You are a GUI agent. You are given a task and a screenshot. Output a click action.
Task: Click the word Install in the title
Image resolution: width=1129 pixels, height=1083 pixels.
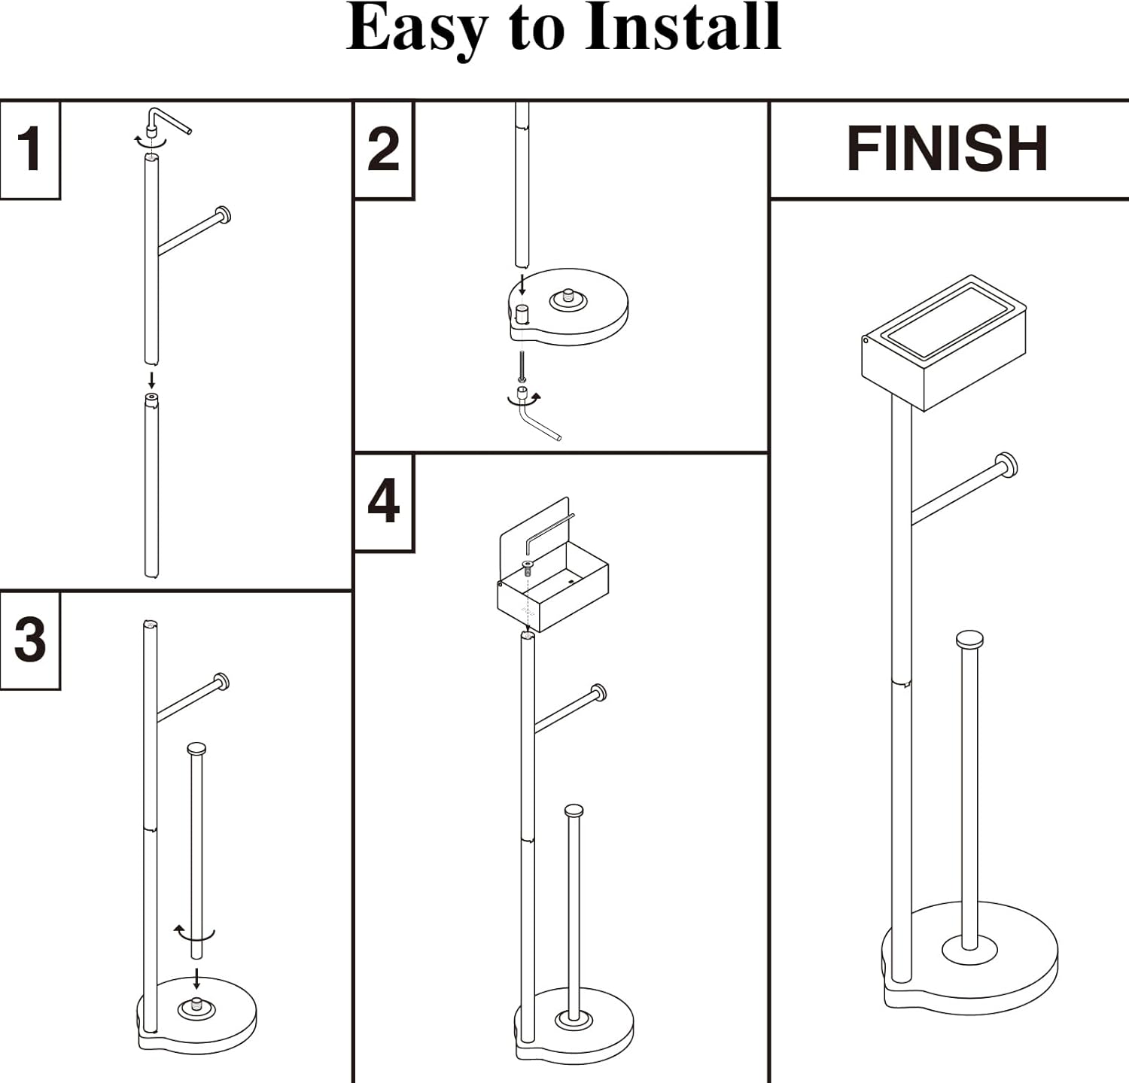click(683, 28)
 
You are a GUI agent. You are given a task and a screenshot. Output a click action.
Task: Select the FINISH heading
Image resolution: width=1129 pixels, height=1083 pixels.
click(948, 148)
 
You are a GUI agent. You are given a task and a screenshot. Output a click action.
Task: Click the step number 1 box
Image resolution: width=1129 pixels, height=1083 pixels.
click(29, 149)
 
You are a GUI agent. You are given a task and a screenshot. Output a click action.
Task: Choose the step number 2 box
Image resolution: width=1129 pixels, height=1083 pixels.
click(383, 150)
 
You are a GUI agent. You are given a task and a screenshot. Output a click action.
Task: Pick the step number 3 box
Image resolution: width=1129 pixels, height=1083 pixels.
click(29, 640)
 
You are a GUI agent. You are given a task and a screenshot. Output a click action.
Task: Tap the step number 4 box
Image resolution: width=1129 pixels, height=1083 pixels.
click(383, 502)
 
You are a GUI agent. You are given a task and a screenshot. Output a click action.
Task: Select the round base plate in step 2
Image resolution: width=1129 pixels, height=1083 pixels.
click(569, 308)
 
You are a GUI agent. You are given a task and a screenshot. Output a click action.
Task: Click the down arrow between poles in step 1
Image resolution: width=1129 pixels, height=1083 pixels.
click(151, 379)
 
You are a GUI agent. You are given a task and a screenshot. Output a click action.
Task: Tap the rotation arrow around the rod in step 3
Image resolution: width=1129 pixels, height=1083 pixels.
click(194, 934)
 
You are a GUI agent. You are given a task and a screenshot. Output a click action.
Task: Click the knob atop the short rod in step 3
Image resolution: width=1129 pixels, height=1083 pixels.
click(196, 749)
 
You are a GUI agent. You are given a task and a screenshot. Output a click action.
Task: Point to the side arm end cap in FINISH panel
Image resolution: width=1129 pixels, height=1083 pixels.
click(1006, 465)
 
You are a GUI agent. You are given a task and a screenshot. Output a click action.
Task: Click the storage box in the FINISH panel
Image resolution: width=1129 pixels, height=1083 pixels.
click(944, 342)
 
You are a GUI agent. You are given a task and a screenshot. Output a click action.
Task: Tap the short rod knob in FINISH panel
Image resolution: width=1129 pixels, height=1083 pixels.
click(969, 640)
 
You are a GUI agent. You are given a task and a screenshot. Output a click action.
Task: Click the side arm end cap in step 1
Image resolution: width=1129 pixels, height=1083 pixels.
click(223, 215)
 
